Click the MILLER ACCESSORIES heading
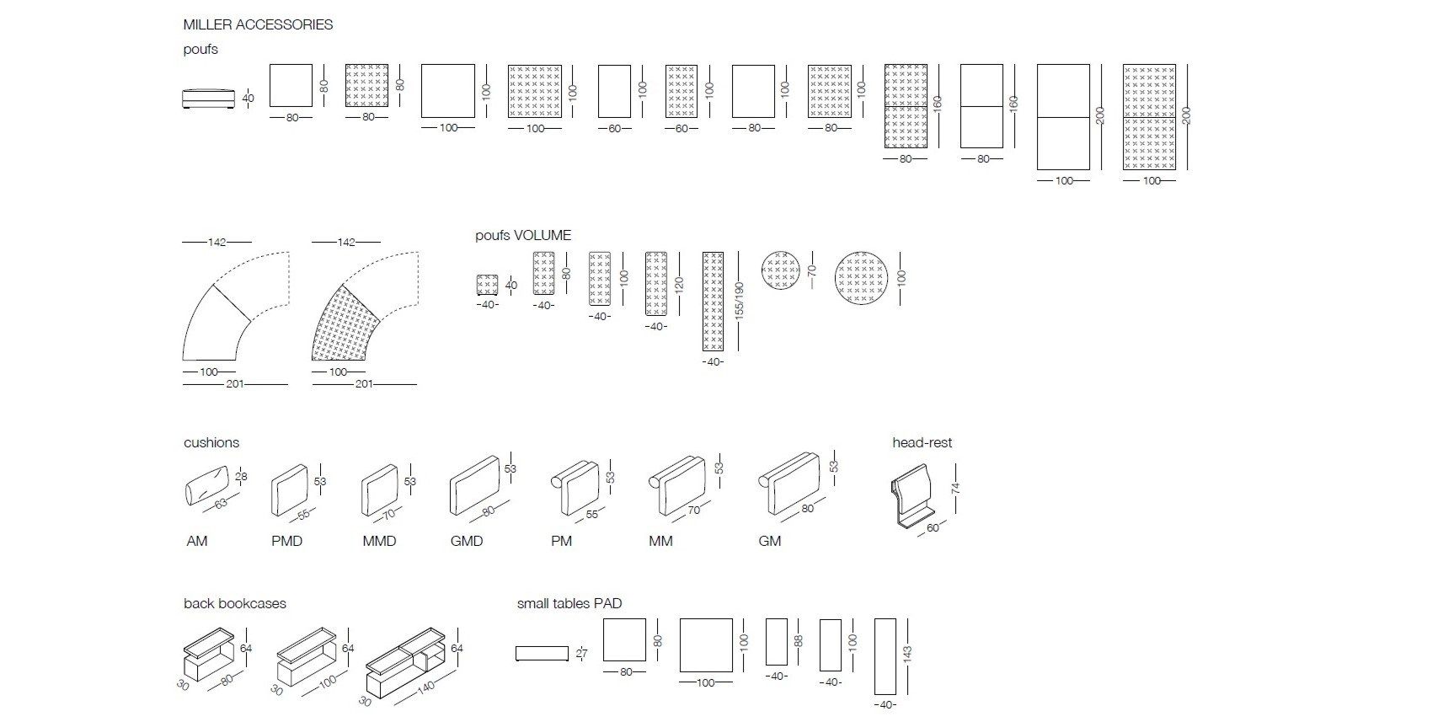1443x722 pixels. tap(258, 24)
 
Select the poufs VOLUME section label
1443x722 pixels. tap(522, 235)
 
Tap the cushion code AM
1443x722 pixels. tap(196, 541)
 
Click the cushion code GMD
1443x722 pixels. tap(467, 541)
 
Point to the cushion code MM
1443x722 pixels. tap(660, 541)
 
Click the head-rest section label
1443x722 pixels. tap(922, 442)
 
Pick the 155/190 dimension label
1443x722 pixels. tap(740, 301)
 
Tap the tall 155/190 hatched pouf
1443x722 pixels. tap(713, 301)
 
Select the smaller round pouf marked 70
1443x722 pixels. tap(779, 270)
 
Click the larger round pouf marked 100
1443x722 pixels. tap(861, 278)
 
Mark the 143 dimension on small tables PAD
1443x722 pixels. tap(907, 656)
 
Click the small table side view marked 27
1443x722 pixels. tap(542, 653)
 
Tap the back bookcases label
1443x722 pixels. tap(234, 603)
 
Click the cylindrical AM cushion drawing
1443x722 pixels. tap(206, 488)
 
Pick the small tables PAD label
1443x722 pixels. tap(569, 603)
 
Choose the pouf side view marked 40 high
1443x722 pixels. tap(206, 98)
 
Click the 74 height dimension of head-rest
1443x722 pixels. tap(955, 488)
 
